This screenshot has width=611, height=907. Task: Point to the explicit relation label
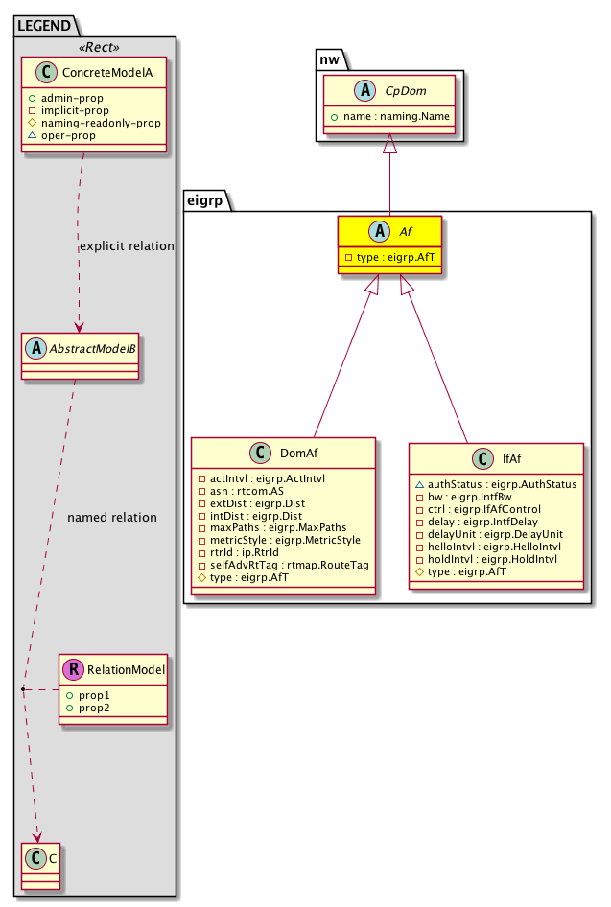(x=127, y=246)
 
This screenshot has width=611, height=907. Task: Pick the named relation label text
(x=112, y=518)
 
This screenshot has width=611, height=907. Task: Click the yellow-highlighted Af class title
(x=400, y=233)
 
